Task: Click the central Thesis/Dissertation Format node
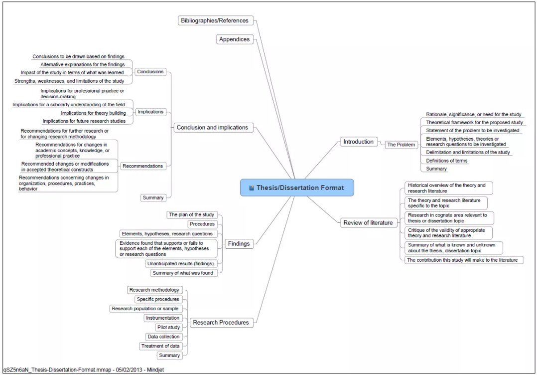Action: pyautogui.click(x=297, y=188)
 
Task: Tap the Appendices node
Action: pyautogui.click(x=234, y=39)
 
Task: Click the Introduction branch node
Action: pyautogui.click(x=358, y=142)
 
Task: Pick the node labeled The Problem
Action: pyautogui.click(x=401, y=145)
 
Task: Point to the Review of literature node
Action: pyautogui.click(x=368, y=223)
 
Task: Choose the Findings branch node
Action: pyautogui.click(x=239, y=244)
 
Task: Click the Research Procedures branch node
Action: pyautogui.click(x=221, y=323)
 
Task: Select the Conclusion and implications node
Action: pyautogui.click(x=212, y=128)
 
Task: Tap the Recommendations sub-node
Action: pyautogui.click(x=142, y=166)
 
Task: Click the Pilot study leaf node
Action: pyautogui.click(x=168, y=327)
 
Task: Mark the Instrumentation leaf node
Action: pyautogui.click(x=162, y=318)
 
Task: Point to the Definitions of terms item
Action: pyautogui.click(x=447, y=161)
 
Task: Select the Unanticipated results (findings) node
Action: pyautogui.click(x=180, y=263)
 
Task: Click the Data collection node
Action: pyautogui.click(x=163, y=337)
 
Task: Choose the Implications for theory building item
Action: pyautogui.click(x=93, y=113)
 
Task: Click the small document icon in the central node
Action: pyautogui.click(x=252, y=188)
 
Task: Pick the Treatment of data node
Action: pyautogui.click(x=160, y=346)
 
